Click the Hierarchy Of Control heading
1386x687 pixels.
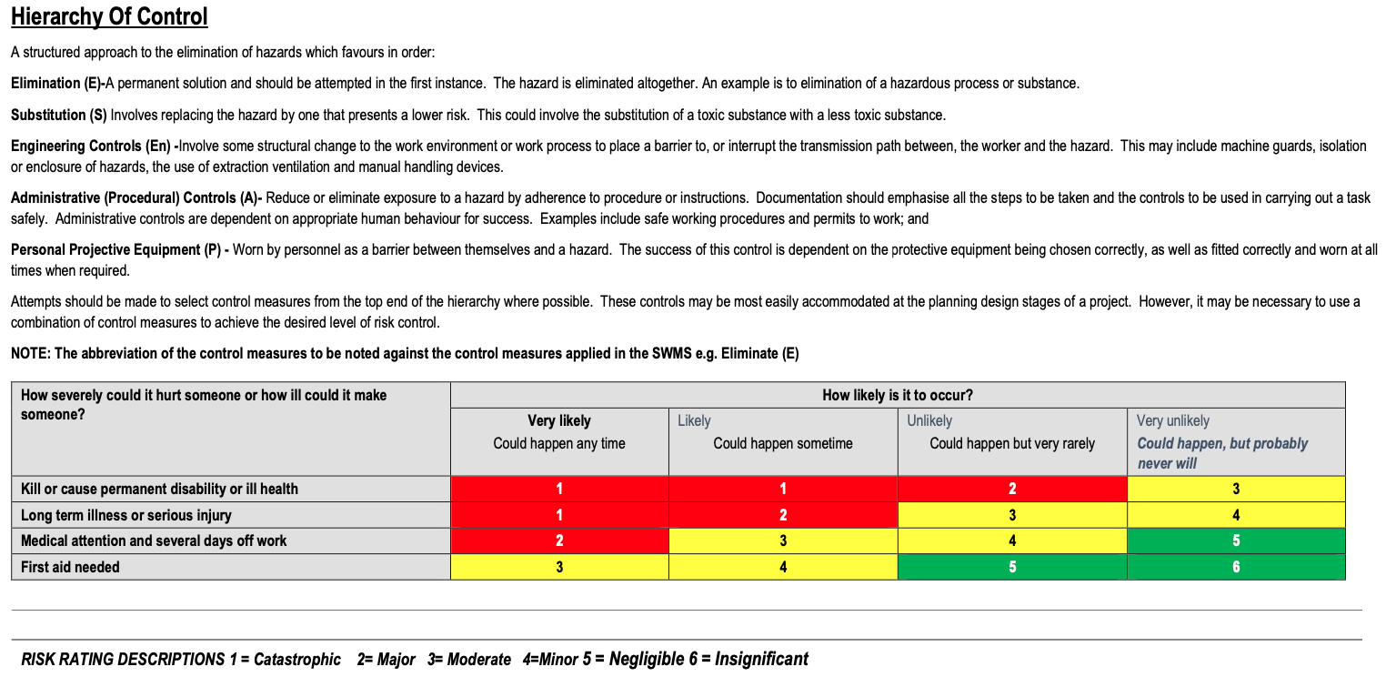[x=109, y=16]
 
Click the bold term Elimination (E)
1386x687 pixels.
[x=57, y=83]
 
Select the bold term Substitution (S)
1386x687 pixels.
[x=58, y=115]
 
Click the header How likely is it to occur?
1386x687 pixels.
[x=897, y=395]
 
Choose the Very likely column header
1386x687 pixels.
[x=558, y=420]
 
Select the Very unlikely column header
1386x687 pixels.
[x=1172, y=420]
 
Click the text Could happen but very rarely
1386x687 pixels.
[x=1011, y=443]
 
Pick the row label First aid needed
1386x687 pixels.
[x=70, y=567]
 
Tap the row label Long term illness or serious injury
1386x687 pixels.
[x=126, y=515]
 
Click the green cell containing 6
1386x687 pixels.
[x=1235, y=567]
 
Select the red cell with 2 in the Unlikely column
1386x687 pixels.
[x=1011, y=489]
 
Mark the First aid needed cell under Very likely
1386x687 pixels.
[x=558, y=567]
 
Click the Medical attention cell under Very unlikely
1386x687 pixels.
[x=1235, y=541]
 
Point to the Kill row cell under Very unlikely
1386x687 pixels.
[x=1235, y=489]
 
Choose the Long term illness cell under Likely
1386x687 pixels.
[x=782, y=515]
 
